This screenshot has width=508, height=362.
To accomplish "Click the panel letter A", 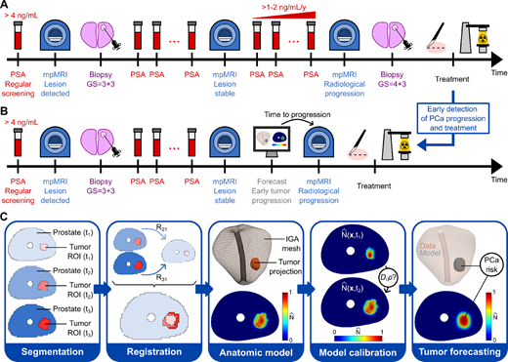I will [x=6, y=7].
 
